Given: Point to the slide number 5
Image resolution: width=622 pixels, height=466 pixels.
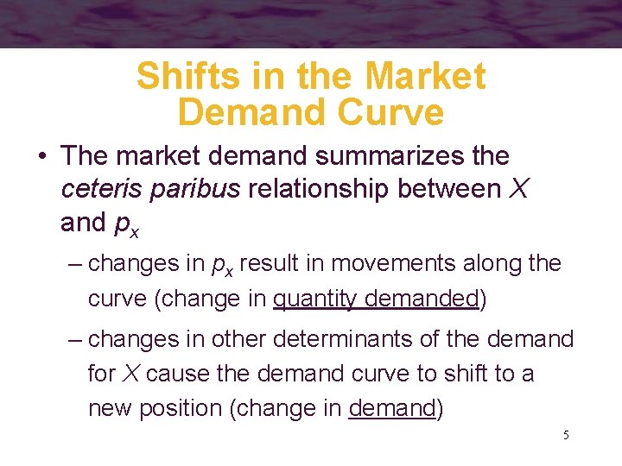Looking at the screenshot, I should tap(566, 435).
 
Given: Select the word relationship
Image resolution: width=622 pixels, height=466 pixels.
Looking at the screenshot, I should tap(320, 190).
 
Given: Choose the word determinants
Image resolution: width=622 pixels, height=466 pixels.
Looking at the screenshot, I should tap(333, 339).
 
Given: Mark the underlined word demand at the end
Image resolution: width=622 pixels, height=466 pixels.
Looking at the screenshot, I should tap(392, 408).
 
